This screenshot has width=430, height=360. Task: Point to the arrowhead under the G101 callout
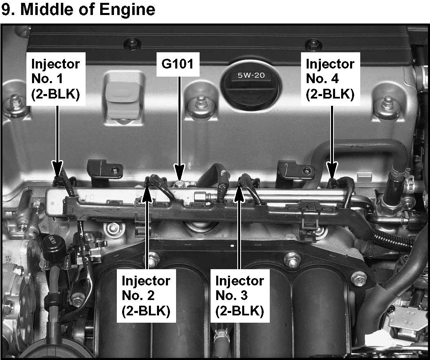179,170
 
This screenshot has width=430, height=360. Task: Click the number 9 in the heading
6,10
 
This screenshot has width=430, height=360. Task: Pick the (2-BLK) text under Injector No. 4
330,94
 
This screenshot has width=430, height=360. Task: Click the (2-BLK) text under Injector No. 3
240,311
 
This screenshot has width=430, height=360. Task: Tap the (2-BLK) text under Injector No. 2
146,311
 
